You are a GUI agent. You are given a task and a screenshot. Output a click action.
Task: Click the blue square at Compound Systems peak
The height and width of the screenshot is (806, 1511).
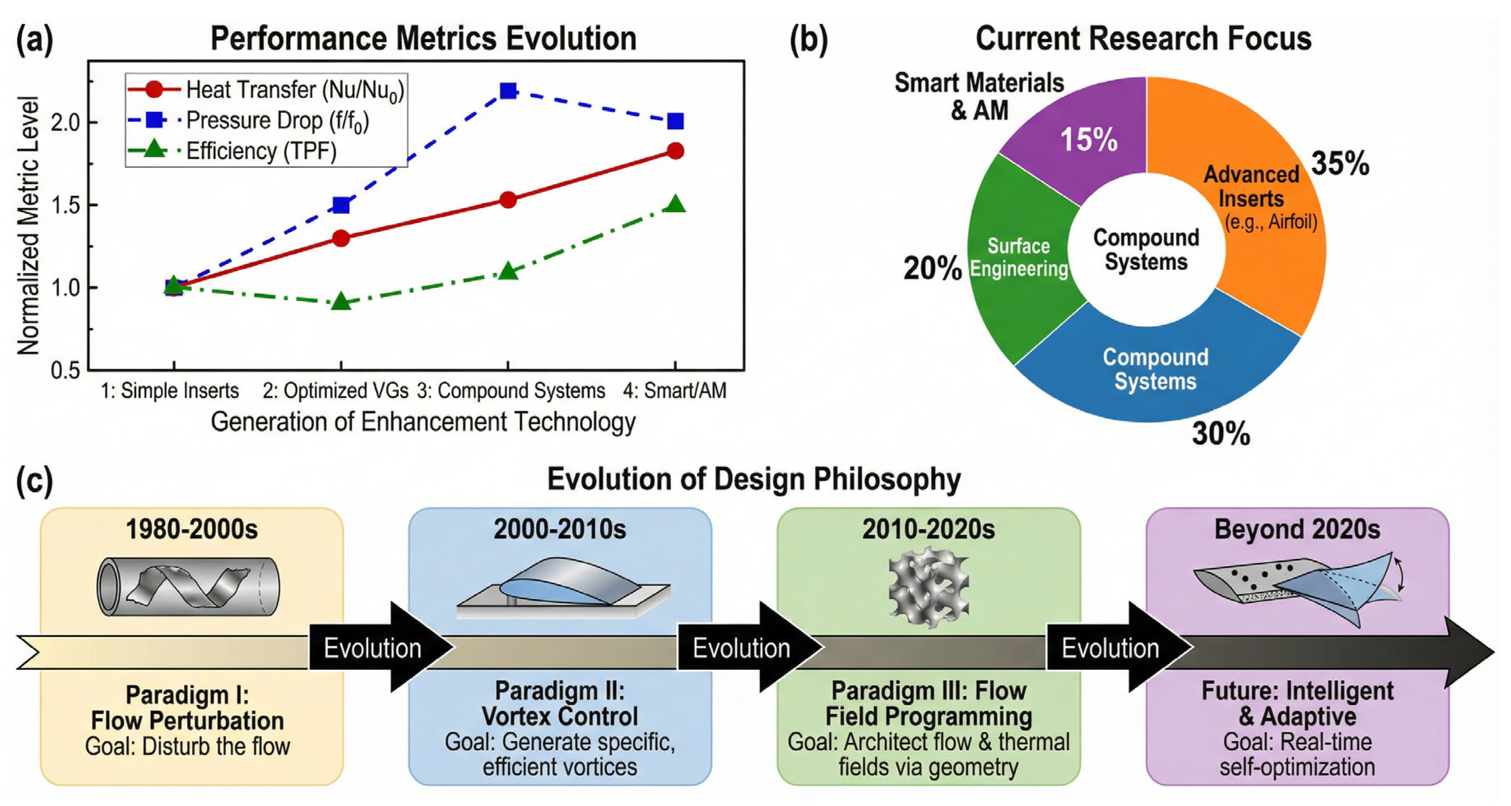pos(508,91)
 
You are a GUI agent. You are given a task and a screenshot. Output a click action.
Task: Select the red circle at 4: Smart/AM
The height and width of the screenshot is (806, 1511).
pos(675,151)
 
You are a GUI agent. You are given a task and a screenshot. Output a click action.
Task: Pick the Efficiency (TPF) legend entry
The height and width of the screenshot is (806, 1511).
pos(261,151)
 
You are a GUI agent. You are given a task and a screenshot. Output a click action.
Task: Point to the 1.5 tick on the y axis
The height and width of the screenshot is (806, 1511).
pos(66,206)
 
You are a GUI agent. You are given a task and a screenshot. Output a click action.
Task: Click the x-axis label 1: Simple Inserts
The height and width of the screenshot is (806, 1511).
pos(170,390)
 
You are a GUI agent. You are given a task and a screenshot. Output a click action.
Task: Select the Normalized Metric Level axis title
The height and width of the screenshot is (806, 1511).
pos(28,226)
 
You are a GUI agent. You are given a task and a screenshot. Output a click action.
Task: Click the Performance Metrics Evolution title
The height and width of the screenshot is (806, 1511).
pos(423,39)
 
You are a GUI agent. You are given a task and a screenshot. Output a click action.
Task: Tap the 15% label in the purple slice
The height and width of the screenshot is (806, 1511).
pos(1089,139)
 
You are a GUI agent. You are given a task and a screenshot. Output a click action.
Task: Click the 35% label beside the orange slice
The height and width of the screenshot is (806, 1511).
pos(1340,164)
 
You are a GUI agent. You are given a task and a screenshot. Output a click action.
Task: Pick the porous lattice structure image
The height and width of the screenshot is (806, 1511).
pos(928,587)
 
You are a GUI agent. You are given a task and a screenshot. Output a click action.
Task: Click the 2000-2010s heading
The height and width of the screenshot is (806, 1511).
pos(559,529)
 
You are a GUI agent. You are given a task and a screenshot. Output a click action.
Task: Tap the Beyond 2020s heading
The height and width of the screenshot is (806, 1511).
pos(1297,529)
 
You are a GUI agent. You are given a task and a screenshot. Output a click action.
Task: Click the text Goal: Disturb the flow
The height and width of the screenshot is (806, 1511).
pos(188,747)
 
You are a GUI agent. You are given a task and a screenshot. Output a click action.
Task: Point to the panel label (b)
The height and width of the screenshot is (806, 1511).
pos(808,40)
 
